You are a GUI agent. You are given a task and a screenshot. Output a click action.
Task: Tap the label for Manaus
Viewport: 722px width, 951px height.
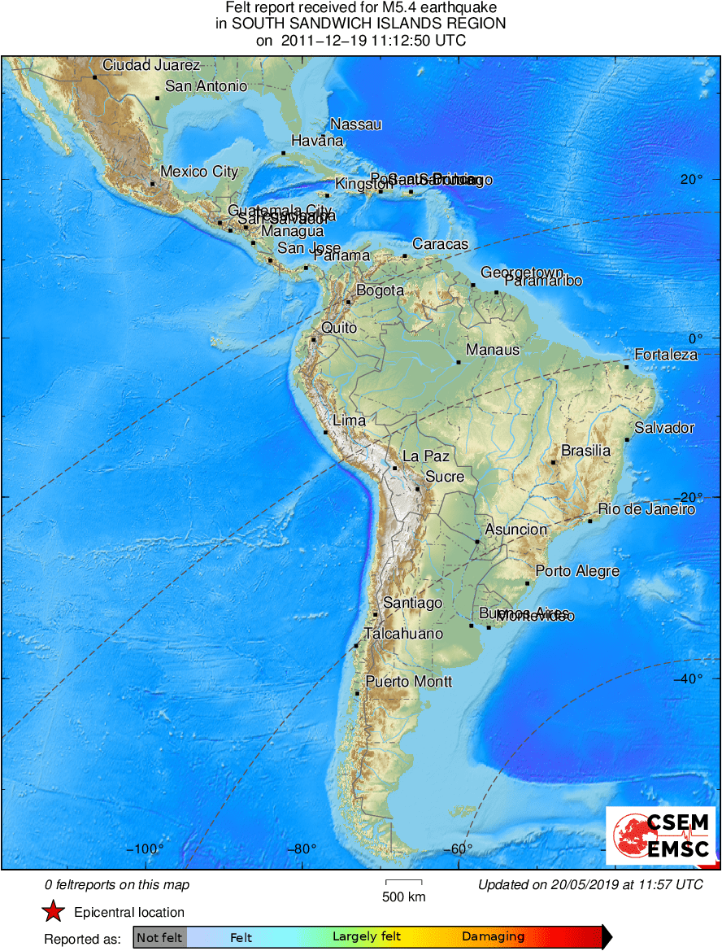[493, 350]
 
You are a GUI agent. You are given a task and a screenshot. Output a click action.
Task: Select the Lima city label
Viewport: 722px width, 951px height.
[349, 421]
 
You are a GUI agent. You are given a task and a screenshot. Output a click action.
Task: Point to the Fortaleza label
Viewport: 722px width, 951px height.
[666, 355]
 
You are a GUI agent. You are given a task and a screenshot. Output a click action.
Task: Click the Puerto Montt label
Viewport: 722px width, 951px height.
[409, 682]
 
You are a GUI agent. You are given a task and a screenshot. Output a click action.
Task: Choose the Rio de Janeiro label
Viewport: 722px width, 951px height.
[646, 509]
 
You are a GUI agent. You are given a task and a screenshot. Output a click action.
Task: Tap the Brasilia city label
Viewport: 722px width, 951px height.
[585, 451]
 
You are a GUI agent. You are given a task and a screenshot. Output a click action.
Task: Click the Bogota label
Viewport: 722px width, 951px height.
[380, 290]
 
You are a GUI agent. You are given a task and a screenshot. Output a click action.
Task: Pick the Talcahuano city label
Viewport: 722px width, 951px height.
[403, 634]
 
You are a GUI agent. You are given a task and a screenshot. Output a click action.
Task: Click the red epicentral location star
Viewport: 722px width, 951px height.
[54, 913]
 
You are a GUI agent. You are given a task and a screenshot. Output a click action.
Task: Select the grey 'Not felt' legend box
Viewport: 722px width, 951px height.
[161, 936]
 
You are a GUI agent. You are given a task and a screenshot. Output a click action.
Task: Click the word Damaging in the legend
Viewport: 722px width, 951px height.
[494, 936]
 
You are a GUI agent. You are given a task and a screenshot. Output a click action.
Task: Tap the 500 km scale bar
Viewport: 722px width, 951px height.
[403, 881]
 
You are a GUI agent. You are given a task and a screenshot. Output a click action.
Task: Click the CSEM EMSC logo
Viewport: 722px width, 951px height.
[662, 835]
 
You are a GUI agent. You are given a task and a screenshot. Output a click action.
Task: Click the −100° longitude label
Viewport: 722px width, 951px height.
[145, 849]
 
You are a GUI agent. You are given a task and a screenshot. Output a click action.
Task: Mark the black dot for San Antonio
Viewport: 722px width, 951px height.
[157, 98]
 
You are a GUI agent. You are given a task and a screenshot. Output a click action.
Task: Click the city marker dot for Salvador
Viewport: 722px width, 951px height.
[628, 440]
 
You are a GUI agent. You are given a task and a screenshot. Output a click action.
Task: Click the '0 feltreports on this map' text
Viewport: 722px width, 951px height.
[117, 885]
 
